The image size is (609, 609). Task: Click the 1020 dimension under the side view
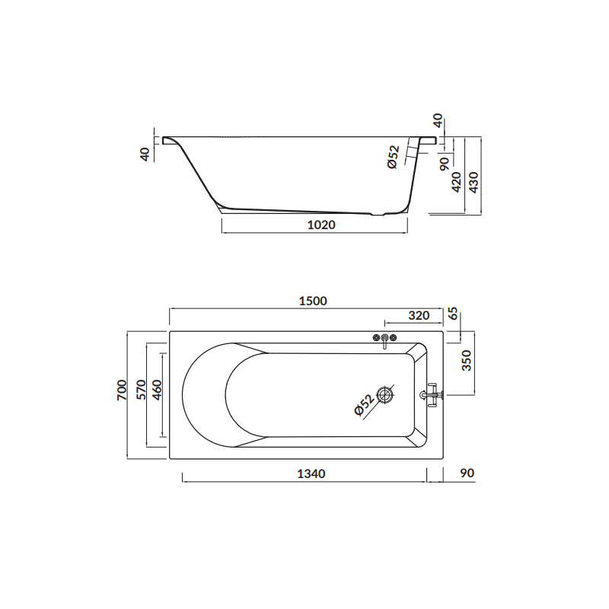321,225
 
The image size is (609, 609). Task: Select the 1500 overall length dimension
313,301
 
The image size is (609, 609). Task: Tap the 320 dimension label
419,315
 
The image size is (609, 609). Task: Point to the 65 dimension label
454,313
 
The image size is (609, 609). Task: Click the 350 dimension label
467,360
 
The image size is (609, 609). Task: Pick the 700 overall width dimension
122,391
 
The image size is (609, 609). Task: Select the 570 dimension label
141,390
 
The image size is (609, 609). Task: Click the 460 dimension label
157,390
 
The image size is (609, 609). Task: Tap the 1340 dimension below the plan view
311,473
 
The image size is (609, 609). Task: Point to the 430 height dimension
474,182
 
